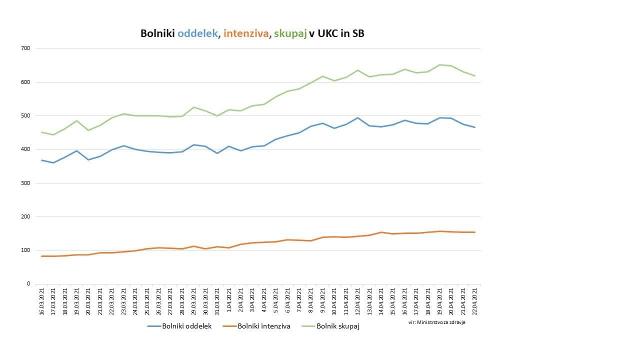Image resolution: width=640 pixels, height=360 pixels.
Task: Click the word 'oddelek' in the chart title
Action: coord(198,33)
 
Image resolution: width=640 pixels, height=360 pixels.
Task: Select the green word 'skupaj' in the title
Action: coord(290,33)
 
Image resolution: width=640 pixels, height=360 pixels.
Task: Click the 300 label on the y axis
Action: coord(26,183)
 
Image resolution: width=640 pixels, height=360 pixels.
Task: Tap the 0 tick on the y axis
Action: coord(28,284)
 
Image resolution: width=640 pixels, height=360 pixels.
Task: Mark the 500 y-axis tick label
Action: coord(26,115)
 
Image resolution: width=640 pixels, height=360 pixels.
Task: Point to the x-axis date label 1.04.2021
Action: coord(229,299)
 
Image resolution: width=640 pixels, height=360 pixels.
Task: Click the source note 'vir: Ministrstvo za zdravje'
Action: coord(437,322)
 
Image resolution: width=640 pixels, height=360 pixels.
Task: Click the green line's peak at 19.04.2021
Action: coord(440,64)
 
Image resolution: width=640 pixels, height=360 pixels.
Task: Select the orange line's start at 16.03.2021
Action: coord(42,256)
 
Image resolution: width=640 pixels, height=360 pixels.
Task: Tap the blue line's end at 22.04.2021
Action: coord(475,127)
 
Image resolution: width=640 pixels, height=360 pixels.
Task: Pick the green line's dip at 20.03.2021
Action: coord(88,130)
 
